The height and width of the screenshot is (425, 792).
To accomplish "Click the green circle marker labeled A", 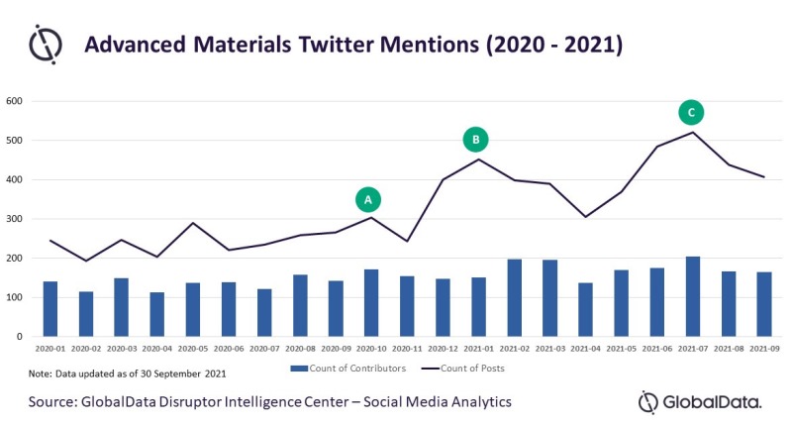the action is [367, 199].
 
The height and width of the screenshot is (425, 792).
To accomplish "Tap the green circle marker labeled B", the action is [475, 140].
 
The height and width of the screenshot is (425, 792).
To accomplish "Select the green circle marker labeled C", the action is [691, 112].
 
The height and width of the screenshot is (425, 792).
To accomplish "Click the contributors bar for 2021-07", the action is [692, 296].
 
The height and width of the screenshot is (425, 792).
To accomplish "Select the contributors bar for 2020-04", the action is [157, 314].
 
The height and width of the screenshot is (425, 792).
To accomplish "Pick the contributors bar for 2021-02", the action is [514, 297].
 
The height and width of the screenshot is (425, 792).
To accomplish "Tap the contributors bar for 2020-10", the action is [371, 303].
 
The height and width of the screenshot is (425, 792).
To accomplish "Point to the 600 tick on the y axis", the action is [14, 101].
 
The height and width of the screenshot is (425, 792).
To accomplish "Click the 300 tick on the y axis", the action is [14, 219].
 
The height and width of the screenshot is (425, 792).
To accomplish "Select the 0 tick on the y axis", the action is [19, 337].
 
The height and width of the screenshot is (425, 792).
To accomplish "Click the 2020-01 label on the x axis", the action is [50, 349].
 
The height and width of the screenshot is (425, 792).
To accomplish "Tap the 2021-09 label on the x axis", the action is [764, 349].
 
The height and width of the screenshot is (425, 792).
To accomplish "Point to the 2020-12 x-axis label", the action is [443, 349].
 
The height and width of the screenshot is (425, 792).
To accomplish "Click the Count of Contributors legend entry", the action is [348, 369].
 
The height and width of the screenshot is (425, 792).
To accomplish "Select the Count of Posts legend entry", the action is [463, 369].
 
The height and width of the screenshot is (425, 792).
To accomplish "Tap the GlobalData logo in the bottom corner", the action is [700, 402].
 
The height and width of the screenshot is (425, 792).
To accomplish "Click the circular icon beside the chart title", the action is [46, 44].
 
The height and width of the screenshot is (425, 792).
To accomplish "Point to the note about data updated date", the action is [128, 373].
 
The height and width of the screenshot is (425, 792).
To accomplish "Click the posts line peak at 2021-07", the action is [692, 133].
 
